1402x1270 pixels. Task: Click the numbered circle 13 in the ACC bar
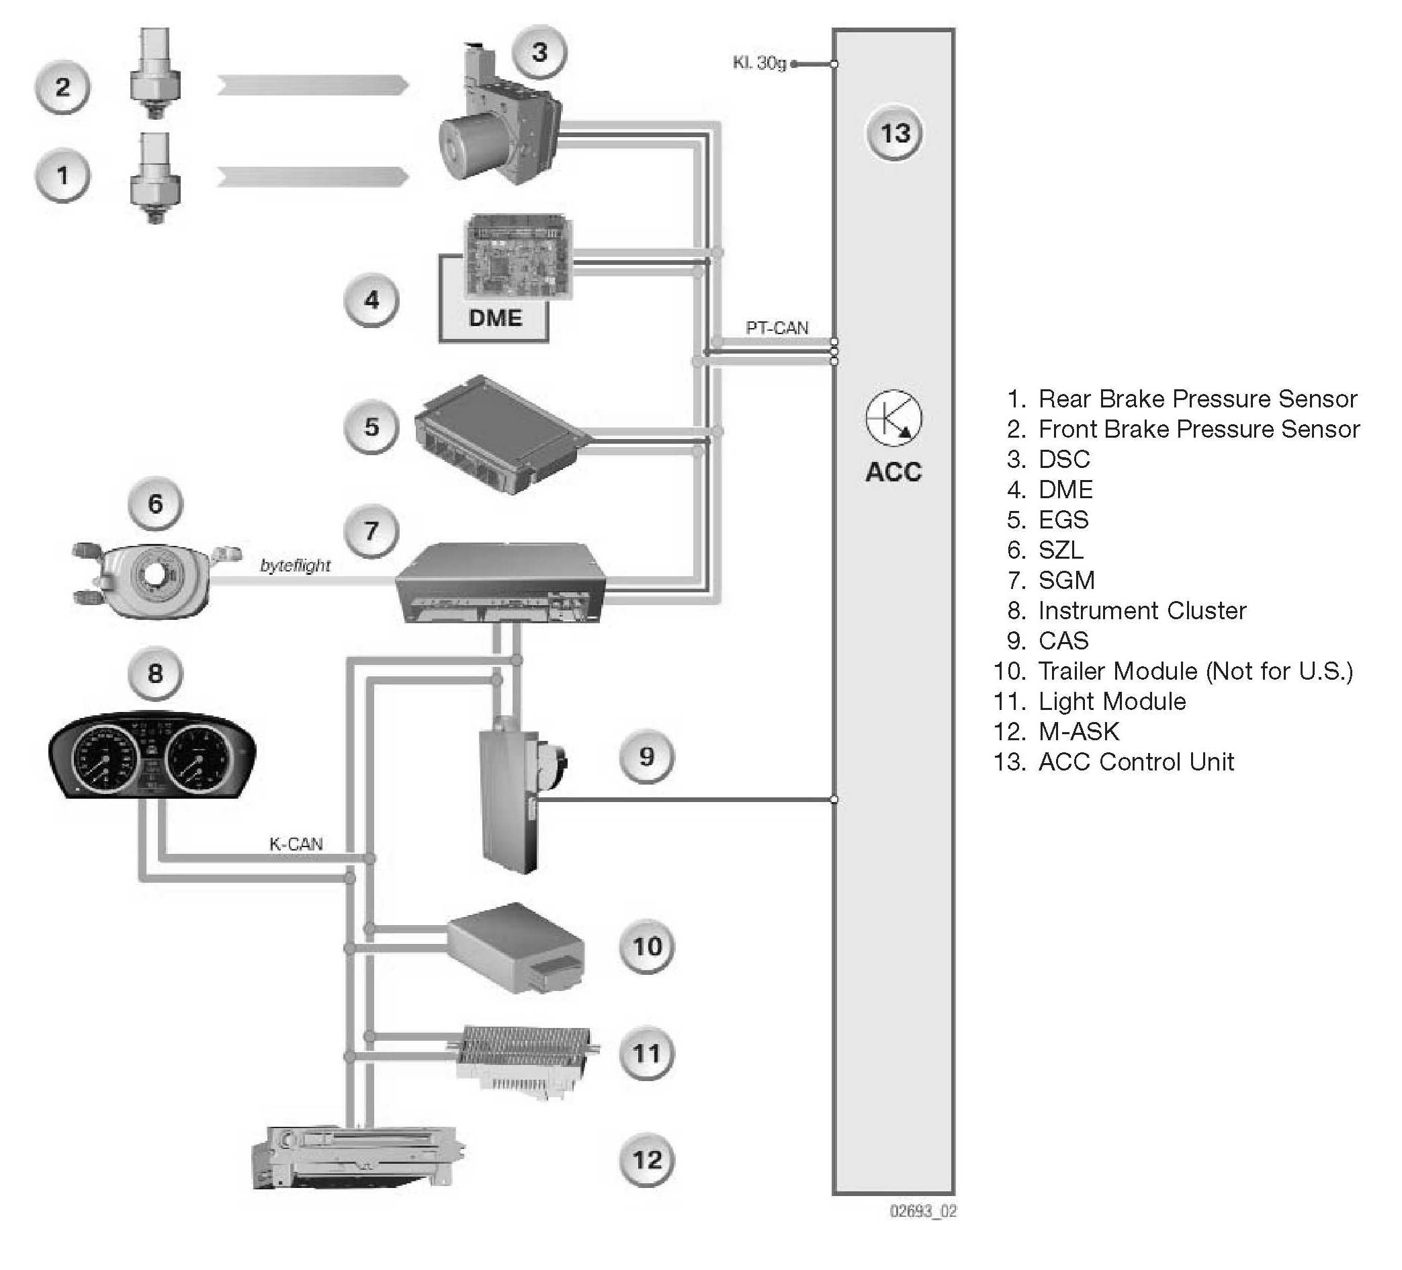(x=894, y=133)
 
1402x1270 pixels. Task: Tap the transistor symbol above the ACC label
(x=893, y=418)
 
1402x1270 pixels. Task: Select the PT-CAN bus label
(x=777, y=328)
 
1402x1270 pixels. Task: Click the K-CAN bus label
(x=296, y=844)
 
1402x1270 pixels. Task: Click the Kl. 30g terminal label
(x=759, y=63)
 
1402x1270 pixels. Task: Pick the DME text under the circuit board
(x=495, y=318)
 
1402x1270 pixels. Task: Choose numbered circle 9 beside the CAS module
(x=647, y=756)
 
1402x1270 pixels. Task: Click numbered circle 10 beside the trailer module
(x=647, y=947)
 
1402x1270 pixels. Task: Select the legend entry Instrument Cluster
(x=1142, y=610)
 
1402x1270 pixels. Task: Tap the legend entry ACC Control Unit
(x=1136, y=762)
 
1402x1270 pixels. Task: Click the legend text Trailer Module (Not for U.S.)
(x=1195, y=671)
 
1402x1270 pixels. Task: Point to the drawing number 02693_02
(x=923, y=1212)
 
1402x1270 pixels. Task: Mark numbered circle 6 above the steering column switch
(x=155, y=503)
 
